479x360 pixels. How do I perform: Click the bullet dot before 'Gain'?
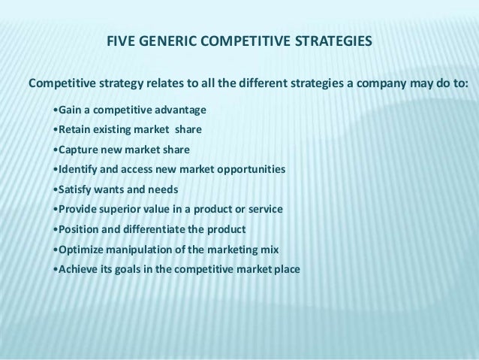(x=57, y=110)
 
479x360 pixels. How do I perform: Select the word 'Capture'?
(x=80, y=149)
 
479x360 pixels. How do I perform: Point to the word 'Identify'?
(x=80, y=168)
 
